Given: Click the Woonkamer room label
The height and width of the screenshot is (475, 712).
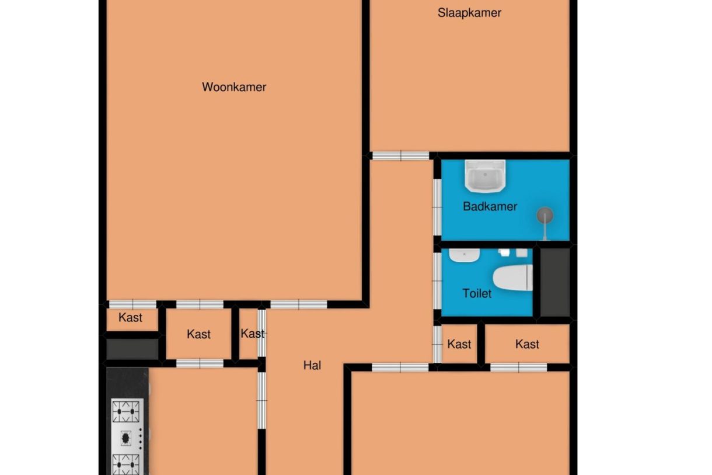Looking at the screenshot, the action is click(234, 87).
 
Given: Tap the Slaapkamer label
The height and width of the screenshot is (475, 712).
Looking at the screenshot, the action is click(469, 13).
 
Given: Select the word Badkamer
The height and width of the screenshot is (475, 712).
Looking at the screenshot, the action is click(490, 206).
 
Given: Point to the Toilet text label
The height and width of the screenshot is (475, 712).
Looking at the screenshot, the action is click(477, 293).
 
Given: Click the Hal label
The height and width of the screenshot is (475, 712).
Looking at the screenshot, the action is click(312, 365).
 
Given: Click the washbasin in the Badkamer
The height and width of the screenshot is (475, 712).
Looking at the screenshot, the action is click(485, 176).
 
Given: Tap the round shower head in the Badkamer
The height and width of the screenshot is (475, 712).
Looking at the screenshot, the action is click(545, 215).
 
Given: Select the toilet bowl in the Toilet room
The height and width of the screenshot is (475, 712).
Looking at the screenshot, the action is click(513, 278).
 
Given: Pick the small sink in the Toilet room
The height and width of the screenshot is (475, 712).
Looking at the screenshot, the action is click(465, 255).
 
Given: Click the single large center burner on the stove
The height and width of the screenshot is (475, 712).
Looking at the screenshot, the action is click(126, 438).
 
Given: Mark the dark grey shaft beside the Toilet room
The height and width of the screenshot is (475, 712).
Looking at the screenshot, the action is click(555, 282).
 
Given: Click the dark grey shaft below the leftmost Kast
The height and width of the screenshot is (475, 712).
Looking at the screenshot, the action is click(132, 349).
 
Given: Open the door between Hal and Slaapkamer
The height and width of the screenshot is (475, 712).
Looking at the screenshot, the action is click(400, 156).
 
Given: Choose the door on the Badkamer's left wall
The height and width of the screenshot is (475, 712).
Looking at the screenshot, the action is click(437, 207).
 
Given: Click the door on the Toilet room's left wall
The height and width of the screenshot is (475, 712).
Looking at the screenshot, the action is click(437, 281).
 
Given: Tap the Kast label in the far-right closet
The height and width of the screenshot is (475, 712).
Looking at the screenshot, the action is click(527, 344).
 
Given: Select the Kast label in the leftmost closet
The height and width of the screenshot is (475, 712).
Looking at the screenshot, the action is click(130, 317).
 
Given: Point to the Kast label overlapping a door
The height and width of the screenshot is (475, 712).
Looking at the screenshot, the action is click(252, 334).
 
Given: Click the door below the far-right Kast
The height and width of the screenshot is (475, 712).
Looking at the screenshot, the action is click(518, 367).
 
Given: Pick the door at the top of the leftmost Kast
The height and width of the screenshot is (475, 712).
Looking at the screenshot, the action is click(132, 304).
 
